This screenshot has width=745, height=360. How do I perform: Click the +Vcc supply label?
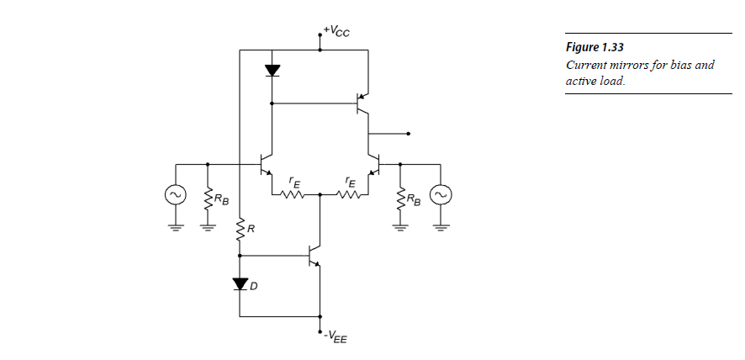tap(336, 33)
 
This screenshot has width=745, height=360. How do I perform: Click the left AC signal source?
tap(174, 195)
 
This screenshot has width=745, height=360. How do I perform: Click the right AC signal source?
tap(440, 195)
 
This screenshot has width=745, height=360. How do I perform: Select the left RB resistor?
tap(207, 199)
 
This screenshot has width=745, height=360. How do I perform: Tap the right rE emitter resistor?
tap(347, 194)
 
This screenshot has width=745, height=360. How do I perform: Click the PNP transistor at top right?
tap(362, 104)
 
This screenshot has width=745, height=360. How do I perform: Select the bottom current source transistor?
tap(314, 255)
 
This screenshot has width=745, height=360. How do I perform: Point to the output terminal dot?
tap(408, 134)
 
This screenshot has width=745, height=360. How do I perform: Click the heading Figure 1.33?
tap(594, 47)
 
